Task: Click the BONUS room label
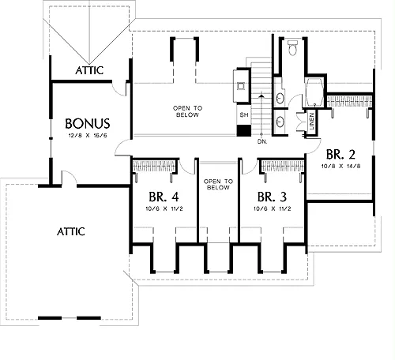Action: (x=88, y=123)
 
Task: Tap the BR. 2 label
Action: (x=340, y=154)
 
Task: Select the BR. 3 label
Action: (x=272, y=197)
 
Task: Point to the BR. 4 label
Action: (x=164, y=197)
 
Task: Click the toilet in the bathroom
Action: (x=292, y=47)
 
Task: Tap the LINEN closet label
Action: (x=312, y=122)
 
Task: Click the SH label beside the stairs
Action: (x=244, y=114)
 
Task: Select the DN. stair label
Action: (x=262, y=141)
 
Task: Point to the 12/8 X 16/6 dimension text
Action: (x=88, y=136)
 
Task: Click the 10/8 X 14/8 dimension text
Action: (x=340, y=167)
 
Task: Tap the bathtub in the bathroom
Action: (x=314, y=92)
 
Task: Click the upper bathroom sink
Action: (x=280, y=99)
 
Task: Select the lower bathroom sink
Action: (x=280, y=122)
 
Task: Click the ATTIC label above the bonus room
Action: (x=89, y=70)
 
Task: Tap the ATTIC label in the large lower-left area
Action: (x=71, y=231)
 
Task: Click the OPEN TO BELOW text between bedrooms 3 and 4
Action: (x=218, y=185)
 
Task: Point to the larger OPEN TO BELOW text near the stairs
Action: (x=187, y=111)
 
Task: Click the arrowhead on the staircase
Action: (x=261, y=96)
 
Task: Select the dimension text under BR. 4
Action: (x=164, y=209)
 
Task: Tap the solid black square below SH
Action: (x=244, y=131)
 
